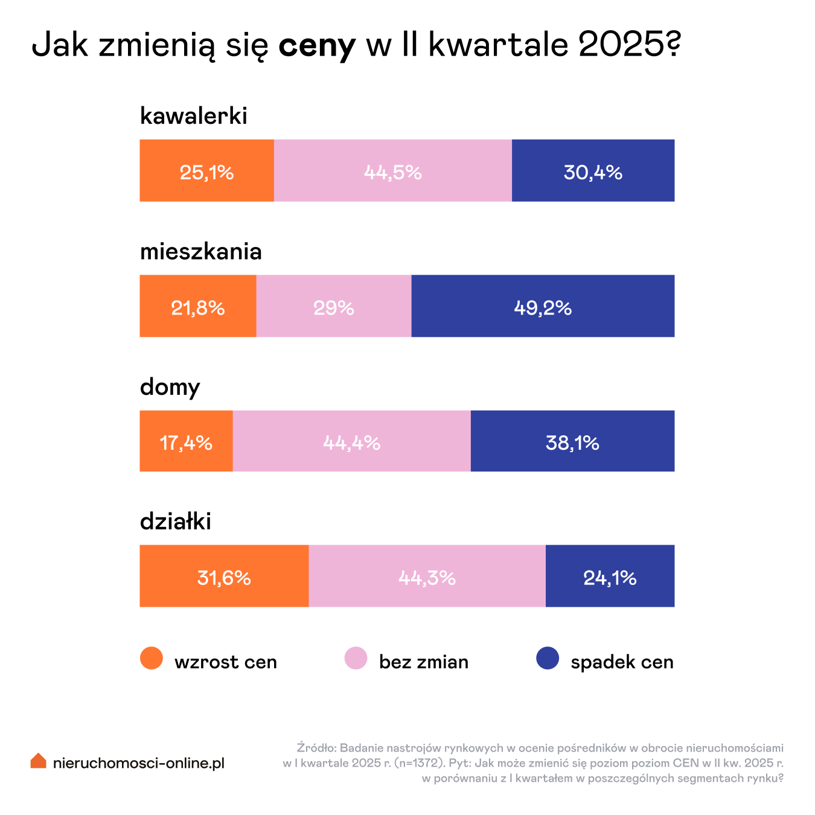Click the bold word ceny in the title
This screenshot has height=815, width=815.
[317, 45]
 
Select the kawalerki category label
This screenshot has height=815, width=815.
[193, 115]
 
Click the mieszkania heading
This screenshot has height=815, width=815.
[200, 251]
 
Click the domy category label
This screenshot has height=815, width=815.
[170, 386]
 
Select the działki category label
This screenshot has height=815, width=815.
[175, 521]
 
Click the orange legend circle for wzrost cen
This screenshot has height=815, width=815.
[152, 658]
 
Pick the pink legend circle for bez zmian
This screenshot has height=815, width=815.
[356, 658]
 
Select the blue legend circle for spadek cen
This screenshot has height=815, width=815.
[548, 658]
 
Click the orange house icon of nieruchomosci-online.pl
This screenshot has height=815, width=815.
[39, 761]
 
